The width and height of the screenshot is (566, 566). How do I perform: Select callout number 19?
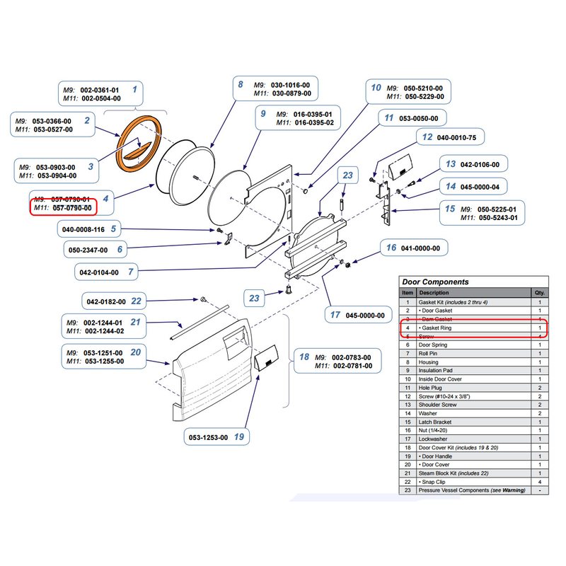pos(238,437)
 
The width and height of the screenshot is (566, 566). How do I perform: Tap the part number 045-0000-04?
pos(484,187)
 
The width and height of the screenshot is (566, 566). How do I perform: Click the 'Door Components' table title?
pos(435,282)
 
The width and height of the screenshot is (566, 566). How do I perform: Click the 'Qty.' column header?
pos(539,292)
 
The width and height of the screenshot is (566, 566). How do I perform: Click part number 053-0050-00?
pos(418,118)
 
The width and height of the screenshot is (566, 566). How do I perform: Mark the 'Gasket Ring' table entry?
pos(435,328)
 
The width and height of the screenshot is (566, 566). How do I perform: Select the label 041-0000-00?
pos(421,248)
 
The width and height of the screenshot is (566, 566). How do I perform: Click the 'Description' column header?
pos(433,292)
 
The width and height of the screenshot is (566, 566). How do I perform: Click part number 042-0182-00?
pos(105,301)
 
